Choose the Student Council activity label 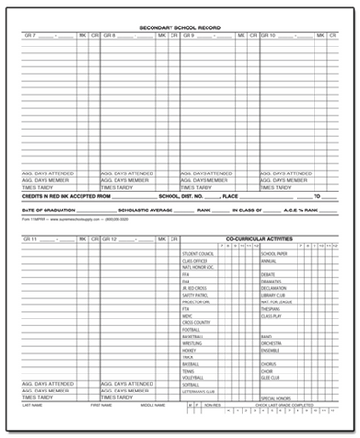point(195,254)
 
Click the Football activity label point(190,328)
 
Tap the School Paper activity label point(275,254)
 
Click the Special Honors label point(277,398)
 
